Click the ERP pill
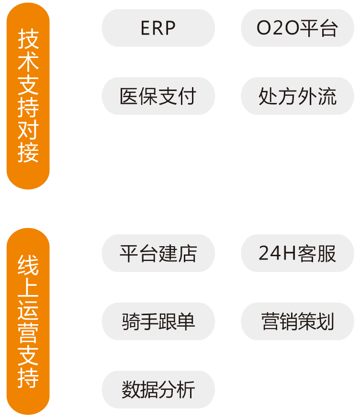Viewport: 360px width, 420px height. [158, 28]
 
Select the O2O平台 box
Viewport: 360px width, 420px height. [297, 28]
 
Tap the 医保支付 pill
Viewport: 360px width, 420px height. [158, 96]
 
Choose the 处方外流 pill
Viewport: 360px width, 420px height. [297, 96]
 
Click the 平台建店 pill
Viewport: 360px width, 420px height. [158, 253]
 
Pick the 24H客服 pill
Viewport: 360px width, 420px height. [297, 253]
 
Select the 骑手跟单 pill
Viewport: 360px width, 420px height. [158, 321]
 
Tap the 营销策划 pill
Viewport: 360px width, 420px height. [297, 321]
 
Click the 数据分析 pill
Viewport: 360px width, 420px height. [158, 389]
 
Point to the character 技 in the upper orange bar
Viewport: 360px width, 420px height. [28, 38]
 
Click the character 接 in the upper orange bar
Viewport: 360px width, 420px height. [28, 153]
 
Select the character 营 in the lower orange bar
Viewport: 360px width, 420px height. [28, 332]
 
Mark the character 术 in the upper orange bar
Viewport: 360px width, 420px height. [28, 61]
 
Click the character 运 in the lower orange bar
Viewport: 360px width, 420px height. [28, 309]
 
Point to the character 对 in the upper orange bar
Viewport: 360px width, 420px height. [28, 130]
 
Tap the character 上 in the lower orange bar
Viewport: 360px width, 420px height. [28, 287]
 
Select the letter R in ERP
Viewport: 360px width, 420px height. [158, 28]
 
